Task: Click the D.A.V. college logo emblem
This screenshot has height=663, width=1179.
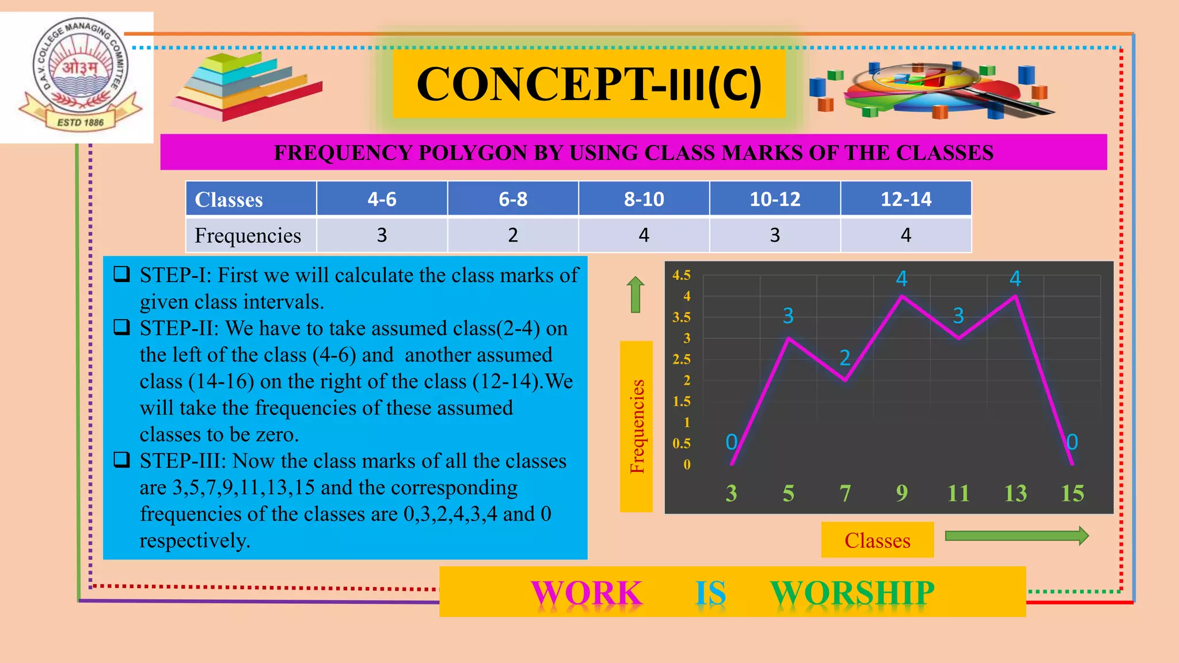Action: click(79, 75)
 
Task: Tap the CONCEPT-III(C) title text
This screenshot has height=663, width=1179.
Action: click(589, 85)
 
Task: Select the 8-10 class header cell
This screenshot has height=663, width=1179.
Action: click(644, 199)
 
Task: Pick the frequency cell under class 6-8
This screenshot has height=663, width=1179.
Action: click(512, 235)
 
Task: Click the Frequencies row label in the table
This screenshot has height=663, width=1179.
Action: click(248, 235)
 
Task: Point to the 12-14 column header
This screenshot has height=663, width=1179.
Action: click(906, 199)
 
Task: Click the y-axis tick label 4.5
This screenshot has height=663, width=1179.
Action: click(681, 275)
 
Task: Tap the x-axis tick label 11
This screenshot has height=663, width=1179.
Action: click(958, 493)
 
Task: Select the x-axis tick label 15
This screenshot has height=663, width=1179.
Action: click(1072, 493)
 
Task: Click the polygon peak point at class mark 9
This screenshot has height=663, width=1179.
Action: click(902, 296)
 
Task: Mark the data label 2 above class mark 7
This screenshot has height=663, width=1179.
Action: click(845, 358)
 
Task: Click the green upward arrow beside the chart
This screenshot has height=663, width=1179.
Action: click(635, 294)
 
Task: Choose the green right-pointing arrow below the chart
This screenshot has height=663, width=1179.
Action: click(1017, 536)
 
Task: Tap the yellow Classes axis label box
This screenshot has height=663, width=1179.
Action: click(877, 540)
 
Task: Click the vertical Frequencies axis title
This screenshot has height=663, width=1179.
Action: click(636, 426)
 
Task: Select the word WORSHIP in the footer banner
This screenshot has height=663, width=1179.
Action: click(852, 593)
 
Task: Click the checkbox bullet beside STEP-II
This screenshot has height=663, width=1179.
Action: click(121, 327)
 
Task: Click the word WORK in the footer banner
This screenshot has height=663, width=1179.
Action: click(586, 593)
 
